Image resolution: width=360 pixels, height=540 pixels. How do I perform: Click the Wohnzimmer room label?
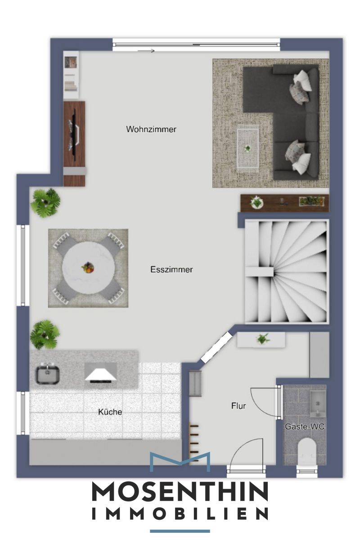point(151,129)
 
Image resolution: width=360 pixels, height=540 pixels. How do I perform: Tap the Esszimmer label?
point(171,269)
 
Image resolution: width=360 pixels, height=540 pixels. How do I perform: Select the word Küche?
point(110,411)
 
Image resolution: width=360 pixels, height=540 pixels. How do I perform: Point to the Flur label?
point(238,406)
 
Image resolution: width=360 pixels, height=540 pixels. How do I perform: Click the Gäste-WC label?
point(305,427)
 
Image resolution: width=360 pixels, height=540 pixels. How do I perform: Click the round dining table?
point(88,268)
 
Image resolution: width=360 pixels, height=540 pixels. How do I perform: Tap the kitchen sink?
point(47,375)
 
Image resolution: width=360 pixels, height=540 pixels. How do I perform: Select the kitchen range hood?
point(100,375)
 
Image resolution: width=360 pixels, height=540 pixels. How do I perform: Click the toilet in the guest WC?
point(307,451)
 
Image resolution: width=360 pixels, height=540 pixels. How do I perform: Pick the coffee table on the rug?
point(247,148)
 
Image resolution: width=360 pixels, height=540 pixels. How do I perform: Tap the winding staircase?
point(287,271)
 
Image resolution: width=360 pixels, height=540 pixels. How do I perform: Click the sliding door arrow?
point(146,51)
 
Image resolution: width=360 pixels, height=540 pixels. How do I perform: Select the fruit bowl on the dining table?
point(88,268)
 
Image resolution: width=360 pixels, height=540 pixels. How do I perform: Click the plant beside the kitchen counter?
point(45,334)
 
